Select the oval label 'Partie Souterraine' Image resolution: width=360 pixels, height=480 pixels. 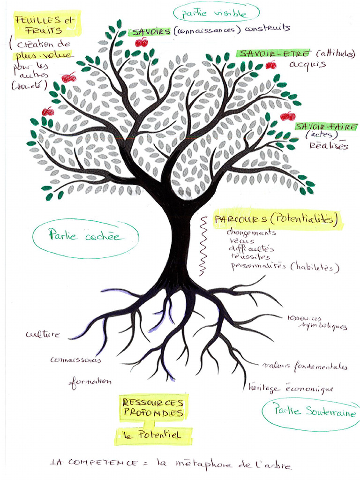[310, 412]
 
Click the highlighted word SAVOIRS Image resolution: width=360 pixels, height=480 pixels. [151, 32]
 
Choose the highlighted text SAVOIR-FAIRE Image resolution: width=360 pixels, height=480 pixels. [327, 127]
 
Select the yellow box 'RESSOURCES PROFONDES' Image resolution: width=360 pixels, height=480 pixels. [153, 408]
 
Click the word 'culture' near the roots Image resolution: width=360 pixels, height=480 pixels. [43, 334]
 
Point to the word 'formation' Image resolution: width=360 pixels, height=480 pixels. [90, 382]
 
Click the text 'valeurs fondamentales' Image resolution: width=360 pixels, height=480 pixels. [305, 366]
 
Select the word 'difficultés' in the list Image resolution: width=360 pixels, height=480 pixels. [252, 248]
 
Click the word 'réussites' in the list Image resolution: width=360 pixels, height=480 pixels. [250, 257]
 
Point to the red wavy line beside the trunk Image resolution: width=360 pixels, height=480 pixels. [202, 245]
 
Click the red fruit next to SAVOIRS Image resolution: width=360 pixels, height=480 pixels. [141, 43]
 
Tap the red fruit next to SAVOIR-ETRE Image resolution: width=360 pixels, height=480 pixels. [271, 65]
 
